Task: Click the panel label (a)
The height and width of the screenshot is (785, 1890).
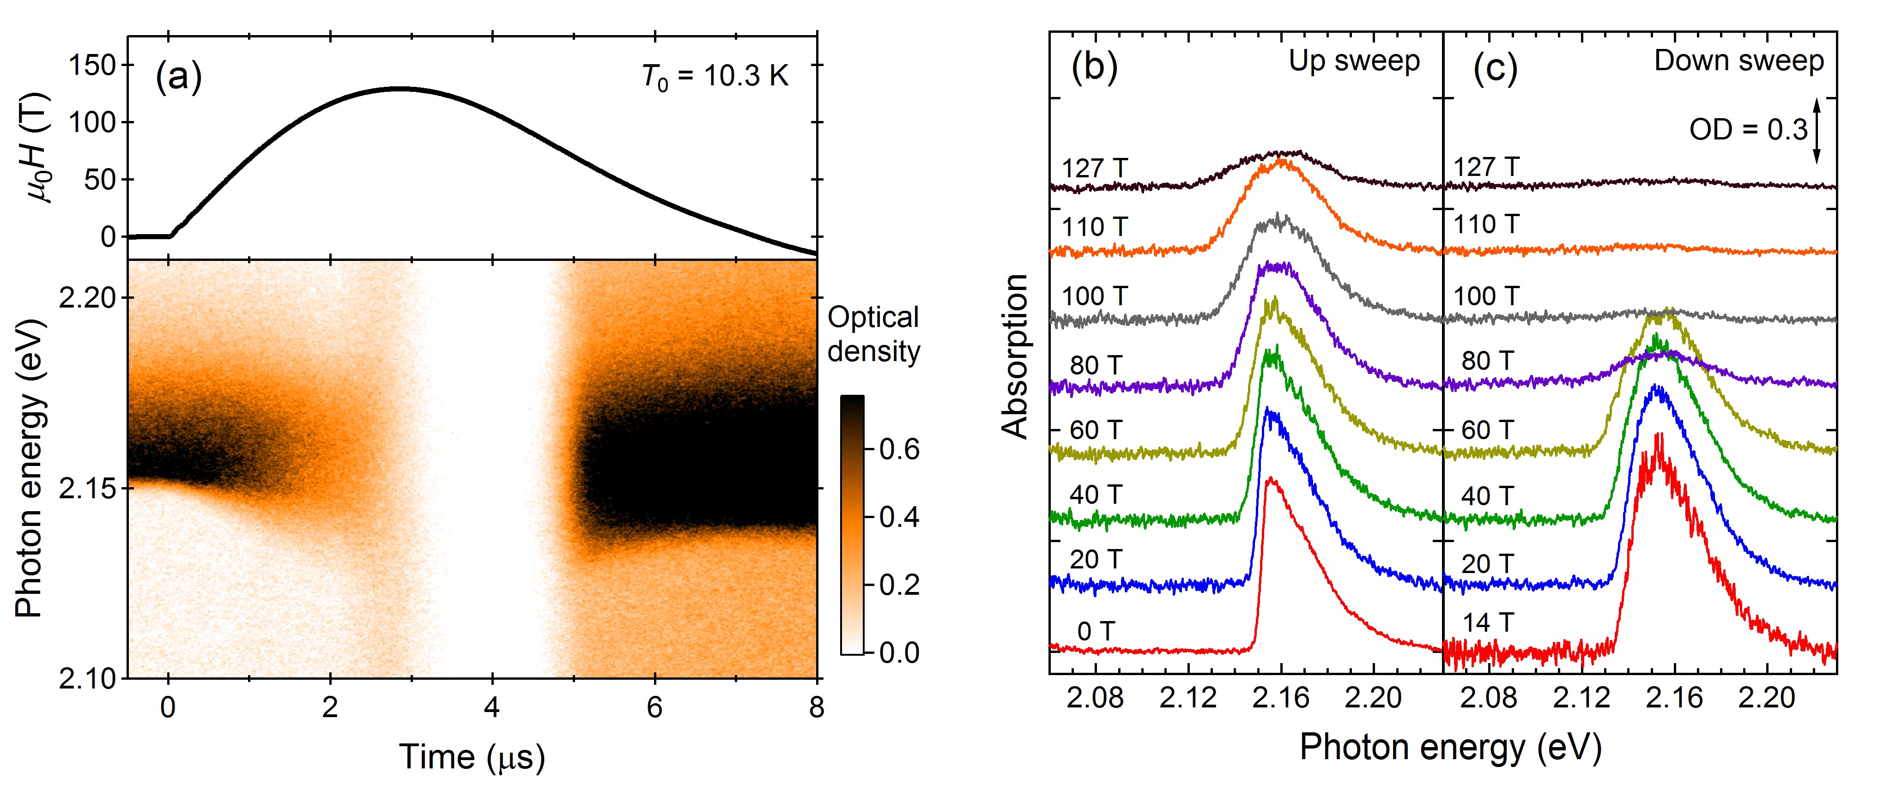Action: point(178,76)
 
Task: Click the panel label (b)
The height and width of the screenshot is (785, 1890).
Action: point(1094,67)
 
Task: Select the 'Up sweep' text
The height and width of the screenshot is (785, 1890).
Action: point(1354,61)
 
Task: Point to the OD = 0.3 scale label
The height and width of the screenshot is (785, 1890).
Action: point(1748,130)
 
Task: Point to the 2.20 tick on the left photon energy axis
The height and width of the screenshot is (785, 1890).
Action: point(86,298)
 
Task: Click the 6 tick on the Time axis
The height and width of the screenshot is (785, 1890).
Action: point(654,707)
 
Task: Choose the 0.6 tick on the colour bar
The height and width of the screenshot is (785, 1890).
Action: point(899,449)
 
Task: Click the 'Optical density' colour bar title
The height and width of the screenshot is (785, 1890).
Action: point(873,334)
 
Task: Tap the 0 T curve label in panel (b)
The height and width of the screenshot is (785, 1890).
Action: point(1096,631)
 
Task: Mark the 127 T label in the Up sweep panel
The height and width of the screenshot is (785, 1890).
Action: point(1094,168)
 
